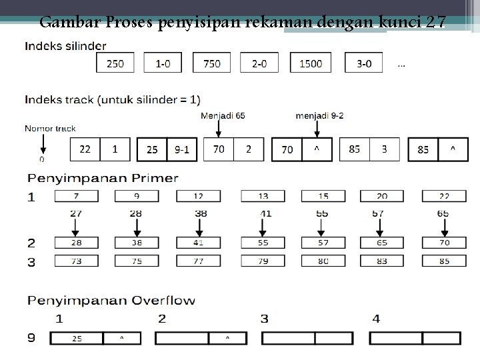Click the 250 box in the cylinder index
[x=115, y=63]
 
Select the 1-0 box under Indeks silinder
[x=163, y=63]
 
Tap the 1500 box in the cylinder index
[x=311, y=63]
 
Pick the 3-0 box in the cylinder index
[x=364, y=63]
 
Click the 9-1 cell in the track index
[x=181, y=149]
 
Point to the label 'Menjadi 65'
[x=223, y=115]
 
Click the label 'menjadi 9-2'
[x=320, y=115]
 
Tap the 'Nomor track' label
[x=50, y=128]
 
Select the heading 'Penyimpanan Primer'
[x=103, y=178]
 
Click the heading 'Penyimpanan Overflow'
[x=111, y=300]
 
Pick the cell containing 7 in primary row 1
[x=77, y=196]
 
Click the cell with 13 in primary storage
[x=263, y=196]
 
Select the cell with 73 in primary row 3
[x=77, y=261]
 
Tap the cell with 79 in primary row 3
[x=263, y=261]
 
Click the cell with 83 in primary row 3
[x=382, y=261]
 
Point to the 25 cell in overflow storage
[x=77, y=339]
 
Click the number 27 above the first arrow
[x=75, y=213]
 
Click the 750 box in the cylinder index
[x=212, y=63]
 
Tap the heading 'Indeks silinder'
[x=65, y=45]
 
